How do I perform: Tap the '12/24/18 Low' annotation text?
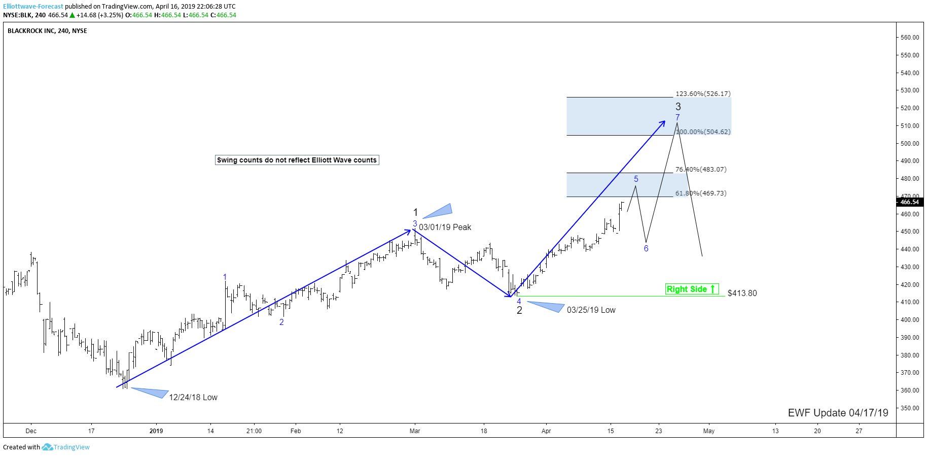click(193, 397)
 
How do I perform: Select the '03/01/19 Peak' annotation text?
click(445, 227)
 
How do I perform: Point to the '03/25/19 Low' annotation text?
click(591, 310)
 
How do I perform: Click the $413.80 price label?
click(742, 293)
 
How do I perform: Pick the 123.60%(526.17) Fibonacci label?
click(703, 93)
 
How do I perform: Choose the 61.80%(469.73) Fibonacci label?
click(701, 193)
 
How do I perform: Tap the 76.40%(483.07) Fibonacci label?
click(701, 169)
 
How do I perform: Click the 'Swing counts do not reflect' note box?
click(297, 160)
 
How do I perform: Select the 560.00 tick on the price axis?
click(910, 37)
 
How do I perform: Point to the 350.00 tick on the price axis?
click(910, 408)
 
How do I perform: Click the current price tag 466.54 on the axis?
click(910, 202)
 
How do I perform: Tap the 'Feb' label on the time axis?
click(296, 431)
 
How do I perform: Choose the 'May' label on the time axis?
click(708, 431)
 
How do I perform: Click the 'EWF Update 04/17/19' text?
click(838, 412)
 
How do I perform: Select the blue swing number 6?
click(646, 248)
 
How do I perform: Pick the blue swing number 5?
click(636, 179)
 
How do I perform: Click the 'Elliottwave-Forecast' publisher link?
click(33, 7)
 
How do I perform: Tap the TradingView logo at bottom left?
click(65, 447)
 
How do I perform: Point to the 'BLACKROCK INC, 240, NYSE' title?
click(47, 30)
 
